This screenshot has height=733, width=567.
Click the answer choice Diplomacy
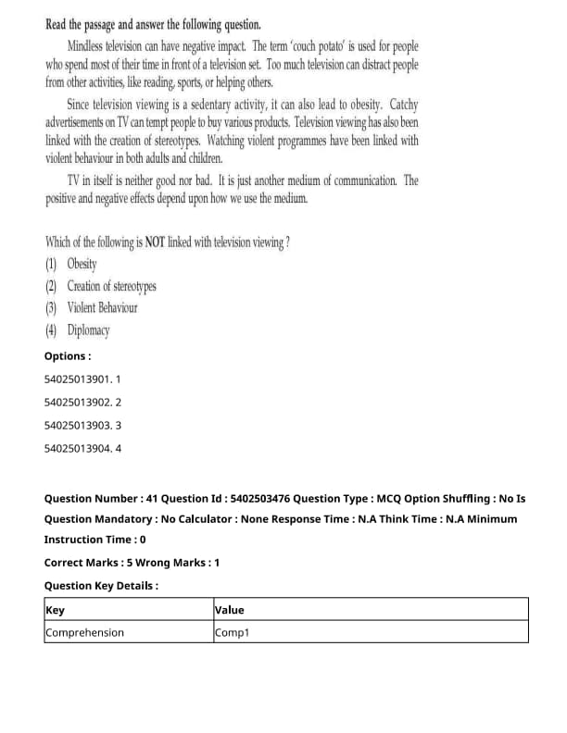pyautogui.click(x=88, y=330)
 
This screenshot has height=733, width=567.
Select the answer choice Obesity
pyautogui.click(x=82, y=264)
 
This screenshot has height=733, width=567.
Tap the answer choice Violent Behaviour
pyautogui.click(x=102, y=308)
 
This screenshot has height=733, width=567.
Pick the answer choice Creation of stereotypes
pyautogui.click(x=111, y=286)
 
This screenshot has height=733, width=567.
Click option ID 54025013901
pyautogui.click(x=82, y=379)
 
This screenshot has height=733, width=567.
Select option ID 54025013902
pyautogui.click(x=82, y=403)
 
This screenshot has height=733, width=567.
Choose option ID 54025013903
pyautogui.click(x=82, y=426)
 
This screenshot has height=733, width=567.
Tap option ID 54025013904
pyautogui.click(x=82, y=449)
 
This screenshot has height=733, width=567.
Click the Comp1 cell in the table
pyautogui.click(x=233, y=633)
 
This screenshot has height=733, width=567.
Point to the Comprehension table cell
pyautogui.click(x=84, y=633)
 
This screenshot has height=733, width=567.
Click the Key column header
pyautogui.click(x=55, y=610)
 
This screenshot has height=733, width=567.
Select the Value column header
pyautogui.click(x=229, y=610)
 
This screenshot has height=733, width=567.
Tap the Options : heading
pyautogui.click(x=68, y=356)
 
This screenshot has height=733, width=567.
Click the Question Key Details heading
pyautogui.click(x=101, y=586)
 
